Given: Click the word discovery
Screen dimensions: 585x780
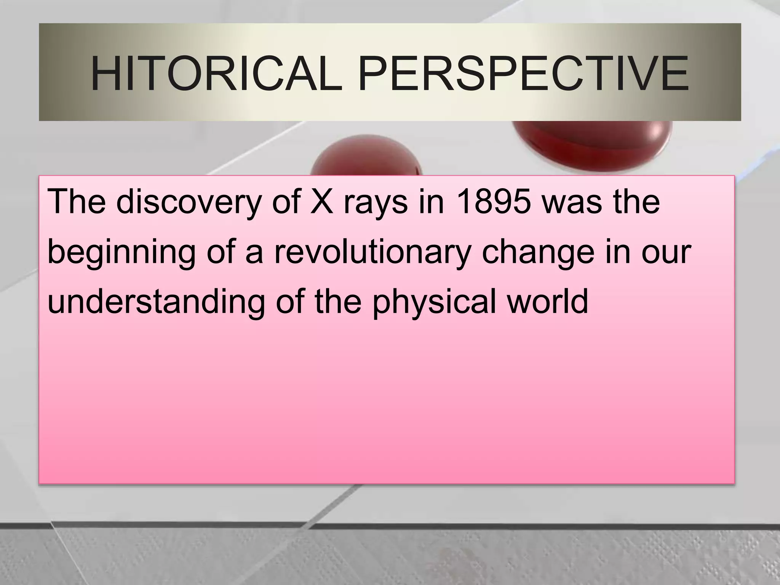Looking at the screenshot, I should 188,202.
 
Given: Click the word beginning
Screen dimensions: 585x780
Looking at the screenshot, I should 121,252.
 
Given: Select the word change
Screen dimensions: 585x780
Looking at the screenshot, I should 538,252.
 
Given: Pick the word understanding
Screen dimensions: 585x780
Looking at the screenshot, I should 156,302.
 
